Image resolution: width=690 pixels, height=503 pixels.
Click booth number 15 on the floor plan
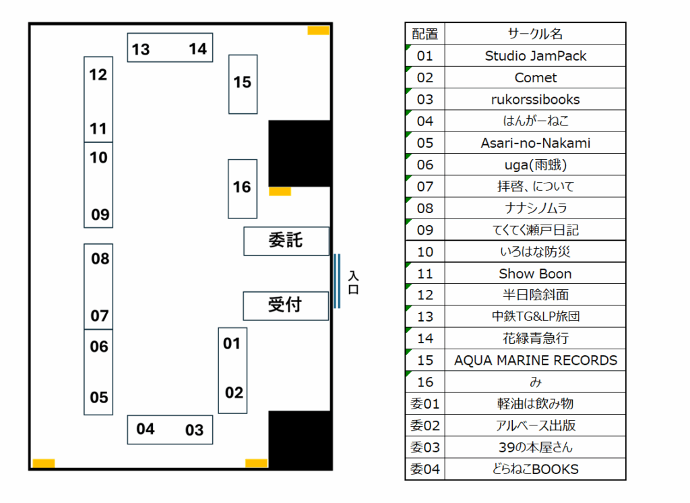tap(243, 82)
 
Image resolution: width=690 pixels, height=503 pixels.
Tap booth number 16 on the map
tap(242, 187)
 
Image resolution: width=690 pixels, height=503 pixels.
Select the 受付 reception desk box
tap(285, 305)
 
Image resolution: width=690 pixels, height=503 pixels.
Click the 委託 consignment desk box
tap(286, 241)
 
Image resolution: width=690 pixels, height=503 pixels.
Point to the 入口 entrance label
tap(353, 283)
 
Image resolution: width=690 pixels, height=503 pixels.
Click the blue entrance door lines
tap(336, 280)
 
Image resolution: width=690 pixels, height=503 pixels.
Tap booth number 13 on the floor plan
tap(141, 49)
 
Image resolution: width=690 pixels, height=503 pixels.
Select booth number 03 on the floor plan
tap(194, 430)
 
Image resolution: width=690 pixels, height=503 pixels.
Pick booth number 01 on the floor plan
tap(232, 343)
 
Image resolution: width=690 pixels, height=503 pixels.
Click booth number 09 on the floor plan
tap(100, 214)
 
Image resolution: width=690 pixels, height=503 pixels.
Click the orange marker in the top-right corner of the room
tap(318, 30)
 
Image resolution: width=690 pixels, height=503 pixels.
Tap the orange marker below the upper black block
tap(280, 191)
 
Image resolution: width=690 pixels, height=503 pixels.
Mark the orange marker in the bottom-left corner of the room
tap(44, 463)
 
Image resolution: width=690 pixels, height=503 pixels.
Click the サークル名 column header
tap(535, 34)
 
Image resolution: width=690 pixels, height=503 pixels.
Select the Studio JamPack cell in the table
tap(535, 56)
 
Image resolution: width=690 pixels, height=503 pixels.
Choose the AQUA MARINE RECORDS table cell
tap(535, 360)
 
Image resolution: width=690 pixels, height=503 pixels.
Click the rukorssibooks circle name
tap(535, 99)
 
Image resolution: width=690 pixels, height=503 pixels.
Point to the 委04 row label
tap(425, 469)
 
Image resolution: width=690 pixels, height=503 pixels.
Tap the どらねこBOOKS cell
tap(535, 469)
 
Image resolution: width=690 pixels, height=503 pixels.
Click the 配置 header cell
tap(425, 34)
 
